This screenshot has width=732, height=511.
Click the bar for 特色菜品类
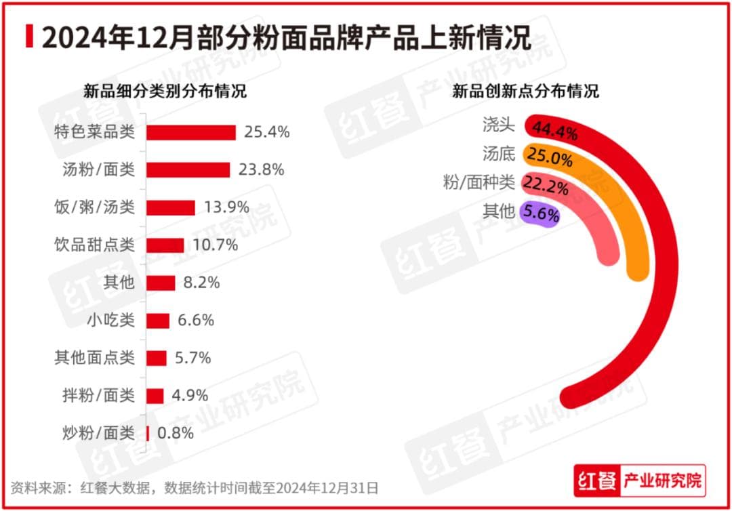click(191, 132)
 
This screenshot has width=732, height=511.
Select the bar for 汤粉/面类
click(188, 169)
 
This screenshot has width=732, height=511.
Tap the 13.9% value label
click(226, 207)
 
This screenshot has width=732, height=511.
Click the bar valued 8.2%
click(161, 283)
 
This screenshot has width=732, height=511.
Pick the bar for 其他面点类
click(157, 358)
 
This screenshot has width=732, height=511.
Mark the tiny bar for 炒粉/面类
click(148, 434)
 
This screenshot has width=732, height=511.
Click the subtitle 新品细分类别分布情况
click(165, 91)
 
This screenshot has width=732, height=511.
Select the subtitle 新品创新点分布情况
click(525, 91)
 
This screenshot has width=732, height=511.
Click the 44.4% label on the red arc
click(555, 130)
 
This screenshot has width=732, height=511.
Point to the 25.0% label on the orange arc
click(550, 160)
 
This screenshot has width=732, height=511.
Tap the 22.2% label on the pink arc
click(546, 186)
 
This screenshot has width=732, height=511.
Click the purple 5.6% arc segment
click(540, 215)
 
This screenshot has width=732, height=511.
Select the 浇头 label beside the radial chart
click(500, 125)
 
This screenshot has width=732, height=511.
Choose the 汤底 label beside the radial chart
click(500, 154)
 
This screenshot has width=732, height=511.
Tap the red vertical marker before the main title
click(29, 37)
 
